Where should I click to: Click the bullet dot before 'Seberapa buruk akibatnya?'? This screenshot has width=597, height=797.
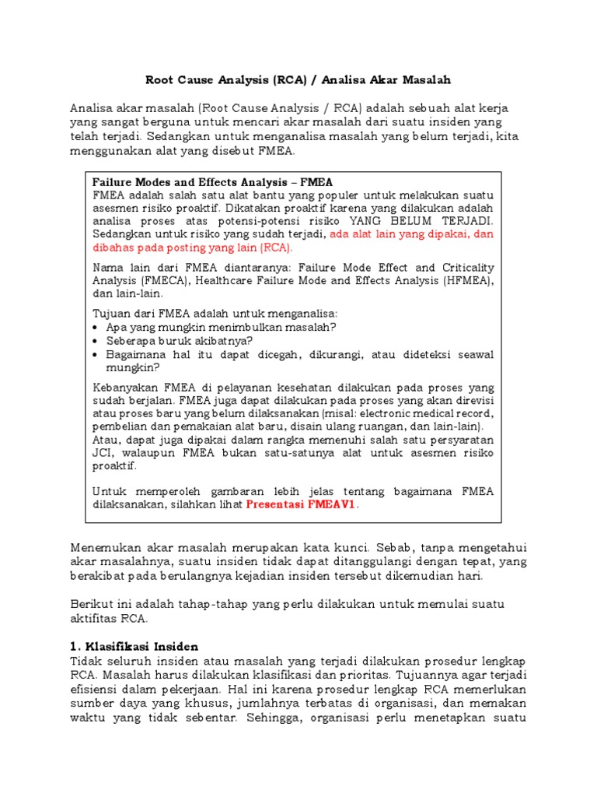click(96, 341)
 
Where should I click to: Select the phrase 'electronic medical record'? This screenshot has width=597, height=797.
click(426, 413)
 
